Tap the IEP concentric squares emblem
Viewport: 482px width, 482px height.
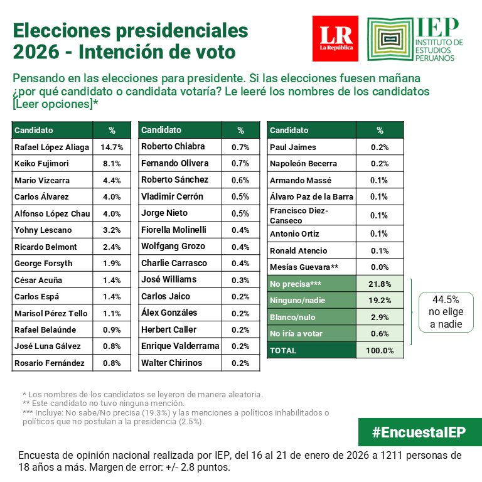tap(390, 39)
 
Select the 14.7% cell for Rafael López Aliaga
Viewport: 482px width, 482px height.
tap(112, 147)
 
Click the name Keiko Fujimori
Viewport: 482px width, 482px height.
tap(41, 164)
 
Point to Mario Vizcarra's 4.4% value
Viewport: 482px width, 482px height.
tap(112, 181)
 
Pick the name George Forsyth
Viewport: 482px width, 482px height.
tap(43, 264)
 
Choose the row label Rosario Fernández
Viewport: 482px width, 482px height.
tap(49, 363)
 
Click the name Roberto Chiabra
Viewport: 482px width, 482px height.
tap(173, 146)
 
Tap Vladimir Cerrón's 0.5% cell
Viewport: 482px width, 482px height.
tap(240, 196)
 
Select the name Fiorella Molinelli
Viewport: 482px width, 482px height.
tap(174, 230)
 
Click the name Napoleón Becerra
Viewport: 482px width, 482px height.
tap(303, 164)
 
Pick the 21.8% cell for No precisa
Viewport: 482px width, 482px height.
tap(380, 284)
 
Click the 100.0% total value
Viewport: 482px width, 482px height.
tap(380, 350)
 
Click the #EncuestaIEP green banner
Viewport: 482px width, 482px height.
tap(419, 432)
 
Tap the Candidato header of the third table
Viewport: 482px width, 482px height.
tap(289, 130)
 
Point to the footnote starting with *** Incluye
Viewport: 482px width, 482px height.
tap(175, 417)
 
